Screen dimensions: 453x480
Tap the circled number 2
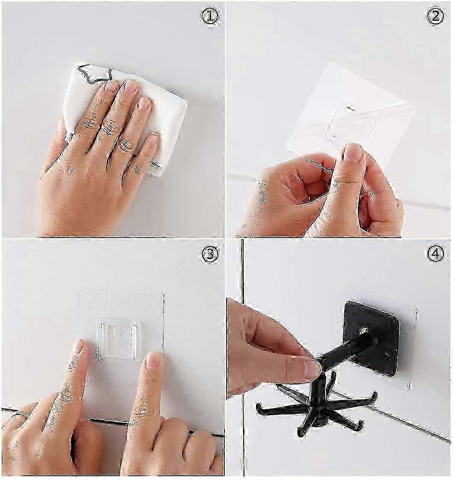click(x=435, y=16)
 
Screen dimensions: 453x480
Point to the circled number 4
click(x=435, y=254)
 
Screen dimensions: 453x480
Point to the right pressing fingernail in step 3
click(x=153, y=360)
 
